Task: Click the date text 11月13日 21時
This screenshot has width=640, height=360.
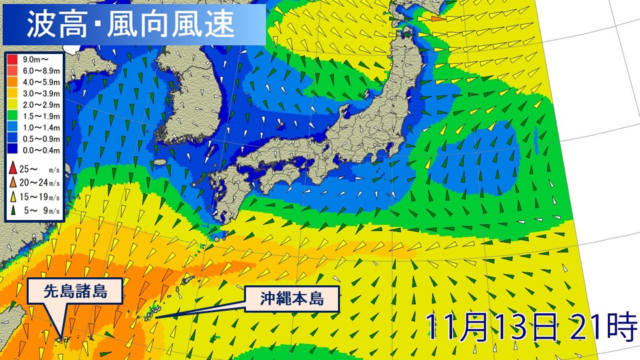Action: coord(531,326)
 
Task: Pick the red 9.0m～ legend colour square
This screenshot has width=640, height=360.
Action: coord(13,60)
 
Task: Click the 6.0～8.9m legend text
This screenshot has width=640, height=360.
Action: coord(41,71)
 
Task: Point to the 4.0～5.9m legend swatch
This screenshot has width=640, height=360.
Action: coord(13,83)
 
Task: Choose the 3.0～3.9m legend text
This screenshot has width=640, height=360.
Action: coord(41,94)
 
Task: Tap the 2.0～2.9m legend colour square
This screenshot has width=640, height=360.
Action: coord(13,105)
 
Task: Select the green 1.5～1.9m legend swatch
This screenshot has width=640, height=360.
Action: coord(13,117)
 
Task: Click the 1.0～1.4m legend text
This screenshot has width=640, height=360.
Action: coord(41,128)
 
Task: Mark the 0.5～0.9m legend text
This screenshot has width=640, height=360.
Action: coord(41,139)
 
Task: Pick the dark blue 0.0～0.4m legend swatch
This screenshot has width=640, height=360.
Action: coord(13,151)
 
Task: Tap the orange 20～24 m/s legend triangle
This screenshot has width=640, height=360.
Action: coord(13,181)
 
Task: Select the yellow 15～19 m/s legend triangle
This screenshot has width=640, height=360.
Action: coord(13,197)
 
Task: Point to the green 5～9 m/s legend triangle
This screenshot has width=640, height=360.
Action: coord(13,211)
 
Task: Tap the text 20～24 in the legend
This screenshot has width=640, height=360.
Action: coord(33,182)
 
